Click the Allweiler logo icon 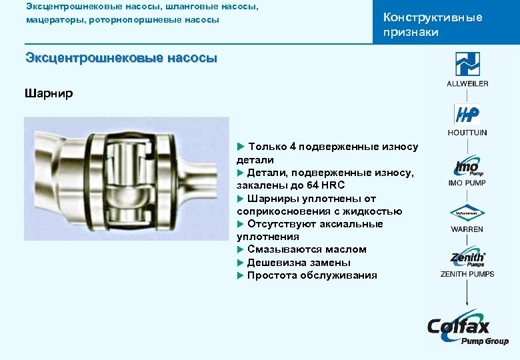[467, 64]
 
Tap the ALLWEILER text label [467, 83]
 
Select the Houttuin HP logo [467, 115]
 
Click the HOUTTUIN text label [467, 133]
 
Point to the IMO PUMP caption [467, 183]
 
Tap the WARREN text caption [467, 229]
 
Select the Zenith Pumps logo [467, 259]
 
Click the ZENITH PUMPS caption [467, 274]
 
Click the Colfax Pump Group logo [467, 328]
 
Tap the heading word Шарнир [49, 93]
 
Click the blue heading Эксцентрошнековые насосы [121, 58]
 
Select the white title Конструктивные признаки [432, 25]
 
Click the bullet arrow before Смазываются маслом [241, 249]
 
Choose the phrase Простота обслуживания [312, 275]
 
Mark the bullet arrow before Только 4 [241, 147]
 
